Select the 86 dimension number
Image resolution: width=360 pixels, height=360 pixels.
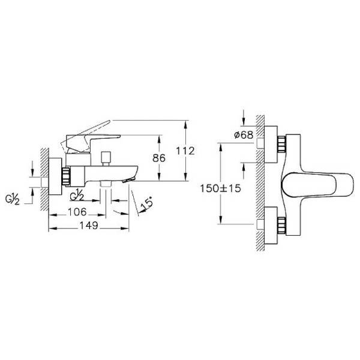click(x=158, y=159)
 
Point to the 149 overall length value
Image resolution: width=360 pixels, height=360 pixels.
click(x=89, y=227)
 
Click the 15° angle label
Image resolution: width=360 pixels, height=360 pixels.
click(x=145, y=207)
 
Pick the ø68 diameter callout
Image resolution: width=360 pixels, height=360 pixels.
click(x=242, y=136)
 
